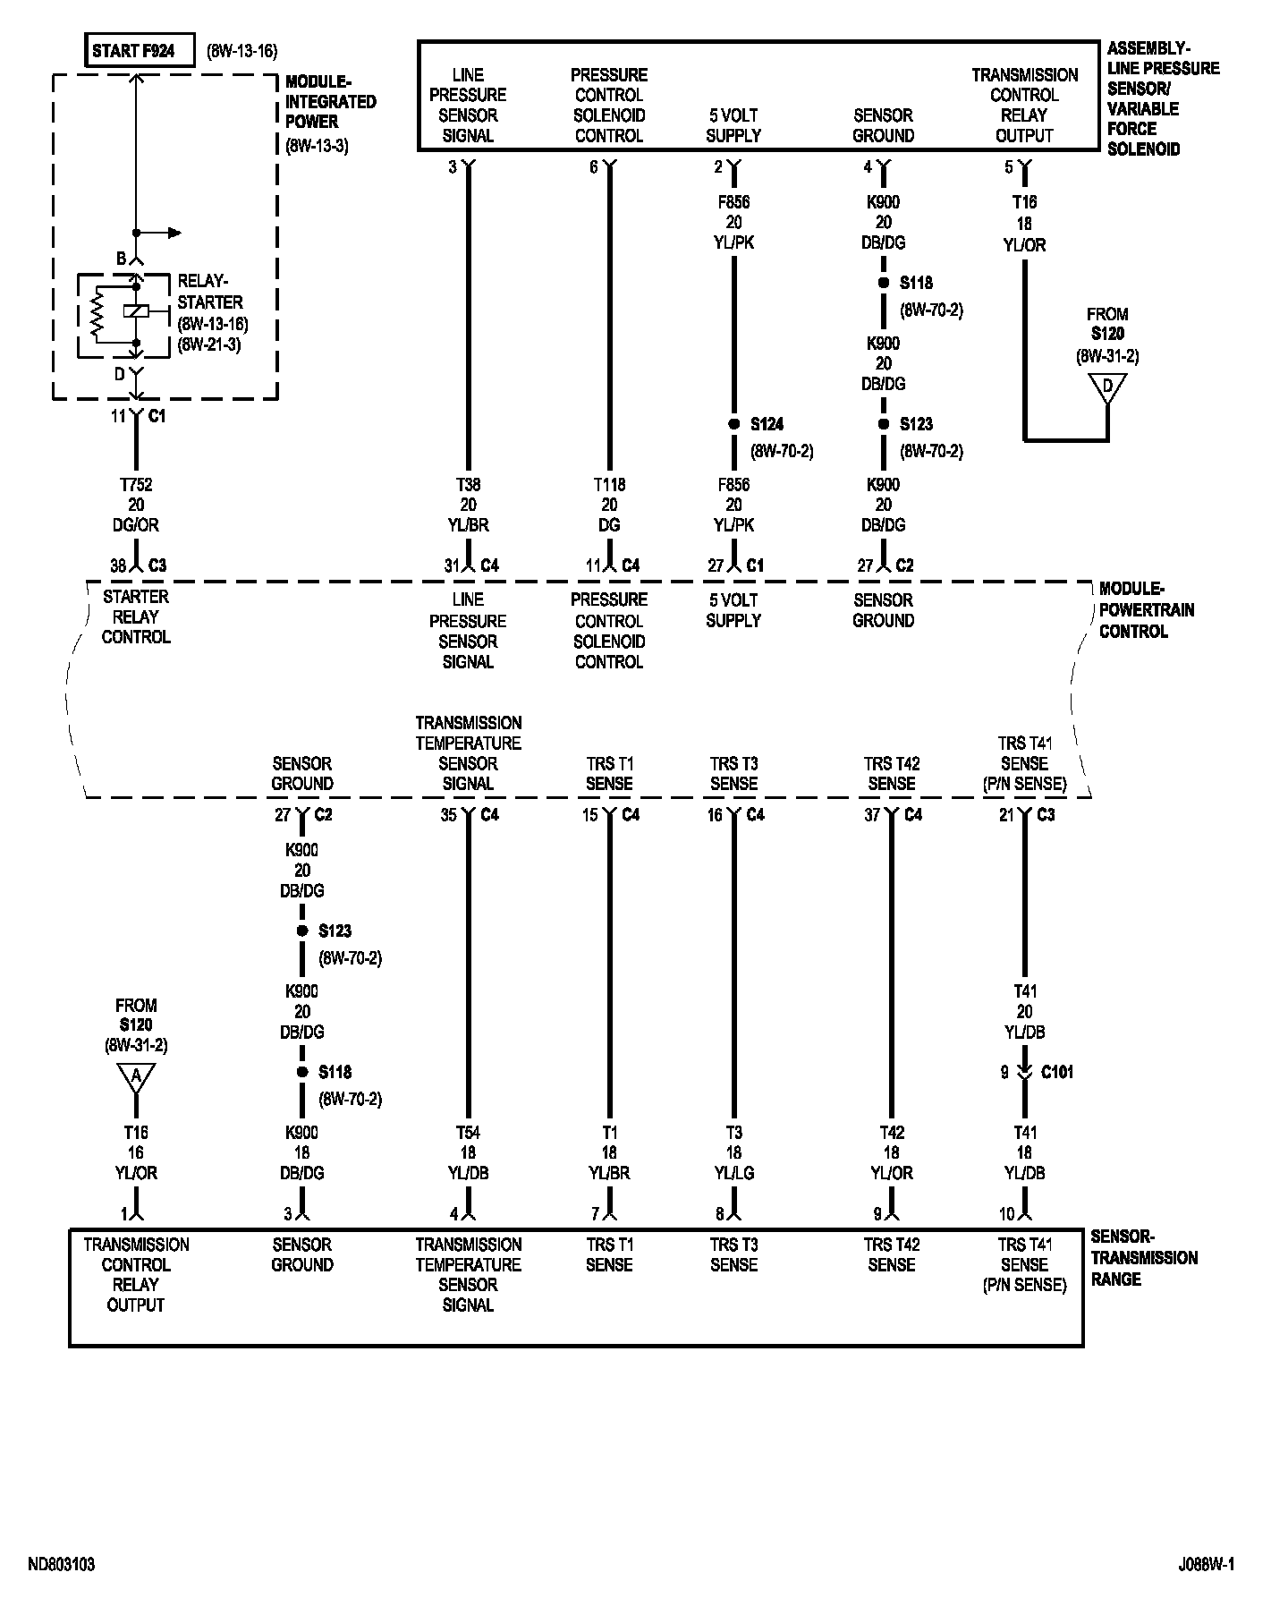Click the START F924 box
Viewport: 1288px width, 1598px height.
140,51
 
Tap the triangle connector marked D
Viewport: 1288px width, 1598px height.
1107,387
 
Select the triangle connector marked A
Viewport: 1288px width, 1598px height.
136,1078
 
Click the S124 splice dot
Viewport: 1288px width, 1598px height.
733,424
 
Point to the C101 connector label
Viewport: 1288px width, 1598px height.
1057,1072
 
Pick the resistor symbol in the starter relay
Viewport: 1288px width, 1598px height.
98,312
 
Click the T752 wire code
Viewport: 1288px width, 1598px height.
136,485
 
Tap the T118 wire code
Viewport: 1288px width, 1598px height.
609,485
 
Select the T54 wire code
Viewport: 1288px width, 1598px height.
468,1133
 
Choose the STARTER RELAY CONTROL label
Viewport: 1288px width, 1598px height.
136,617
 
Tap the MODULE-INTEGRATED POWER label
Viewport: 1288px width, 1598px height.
330,101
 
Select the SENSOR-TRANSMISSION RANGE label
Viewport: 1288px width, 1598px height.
1144,1258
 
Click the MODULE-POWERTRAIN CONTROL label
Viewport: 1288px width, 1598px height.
1147,610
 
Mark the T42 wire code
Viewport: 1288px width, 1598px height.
891,1133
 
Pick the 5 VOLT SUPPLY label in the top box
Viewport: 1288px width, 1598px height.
733,125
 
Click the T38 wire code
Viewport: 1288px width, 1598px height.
468,485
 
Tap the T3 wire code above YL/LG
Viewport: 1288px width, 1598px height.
733,1133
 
